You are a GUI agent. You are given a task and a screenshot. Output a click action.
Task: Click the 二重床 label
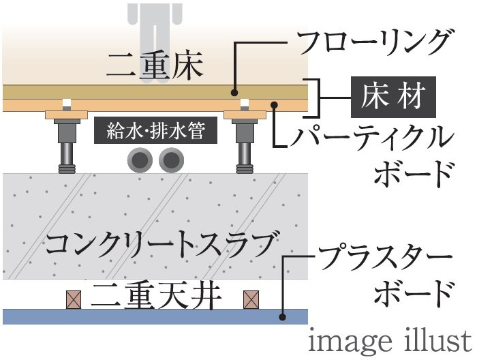point(155,65)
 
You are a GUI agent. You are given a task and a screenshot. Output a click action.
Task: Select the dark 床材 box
point(393,97)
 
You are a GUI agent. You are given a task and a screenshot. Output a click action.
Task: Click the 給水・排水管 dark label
point(155,130)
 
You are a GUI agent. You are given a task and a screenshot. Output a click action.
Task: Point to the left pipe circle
point(140,160)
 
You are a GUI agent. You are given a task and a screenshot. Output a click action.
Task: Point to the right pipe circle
point(171,160)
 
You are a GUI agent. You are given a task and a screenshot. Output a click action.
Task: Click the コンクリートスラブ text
point(162,244)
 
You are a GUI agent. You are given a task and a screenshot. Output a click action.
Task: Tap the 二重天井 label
point(156,295)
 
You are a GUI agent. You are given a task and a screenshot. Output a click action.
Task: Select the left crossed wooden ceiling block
point(74,300)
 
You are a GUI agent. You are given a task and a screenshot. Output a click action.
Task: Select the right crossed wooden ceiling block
point(251,300)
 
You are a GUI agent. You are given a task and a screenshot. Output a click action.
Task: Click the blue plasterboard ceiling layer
point(155,317)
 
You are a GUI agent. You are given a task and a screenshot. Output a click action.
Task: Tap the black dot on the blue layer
point(283,317)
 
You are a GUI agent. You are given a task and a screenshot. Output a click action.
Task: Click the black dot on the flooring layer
point(234,93)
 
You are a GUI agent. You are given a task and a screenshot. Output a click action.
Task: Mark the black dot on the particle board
point(274,105)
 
